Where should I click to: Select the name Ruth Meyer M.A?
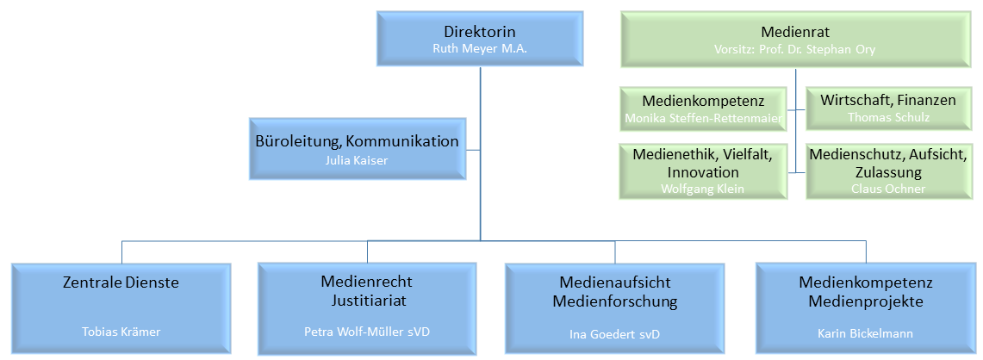(x=479, y=49)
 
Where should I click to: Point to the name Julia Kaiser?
(x=357, y=159)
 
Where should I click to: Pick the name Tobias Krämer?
(x=121, y=332)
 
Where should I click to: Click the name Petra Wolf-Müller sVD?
(x=368, y=332)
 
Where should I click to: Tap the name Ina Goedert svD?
(x=614, y=333)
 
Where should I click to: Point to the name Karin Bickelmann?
(x=866, y=332)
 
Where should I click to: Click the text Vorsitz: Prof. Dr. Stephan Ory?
(x=794, y=49)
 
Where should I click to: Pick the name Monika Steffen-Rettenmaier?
(x=703, y=116)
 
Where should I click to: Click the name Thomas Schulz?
(x=887, y=116)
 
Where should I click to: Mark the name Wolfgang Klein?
(x=703, y=188)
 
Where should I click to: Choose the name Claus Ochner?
(x=887, y=188)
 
